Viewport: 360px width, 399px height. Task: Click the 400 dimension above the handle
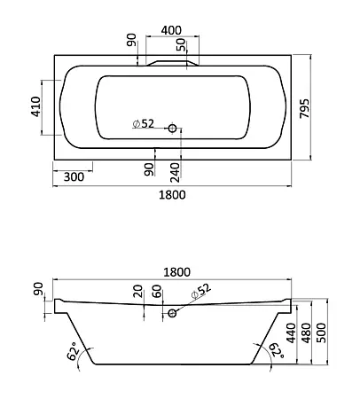click(x=171, y=30)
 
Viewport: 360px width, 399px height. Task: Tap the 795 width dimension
click(x=305, y=108)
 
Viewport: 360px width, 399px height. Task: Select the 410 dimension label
click(x=36, y=106)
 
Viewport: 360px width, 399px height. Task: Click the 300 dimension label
click(x=74, y=176)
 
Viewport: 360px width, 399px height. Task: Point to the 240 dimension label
click(x=175, y=172)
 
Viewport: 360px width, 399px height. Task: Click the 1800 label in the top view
click(x=172, y=195)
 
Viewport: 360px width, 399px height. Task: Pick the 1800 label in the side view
click(x=177, y=272)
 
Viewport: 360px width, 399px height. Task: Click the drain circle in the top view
click(x=172, y=129)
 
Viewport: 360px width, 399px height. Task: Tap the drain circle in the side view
click(x=172, y=313)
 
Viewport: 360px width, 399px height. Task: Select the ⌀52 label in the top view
click(x=144, y=124)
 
